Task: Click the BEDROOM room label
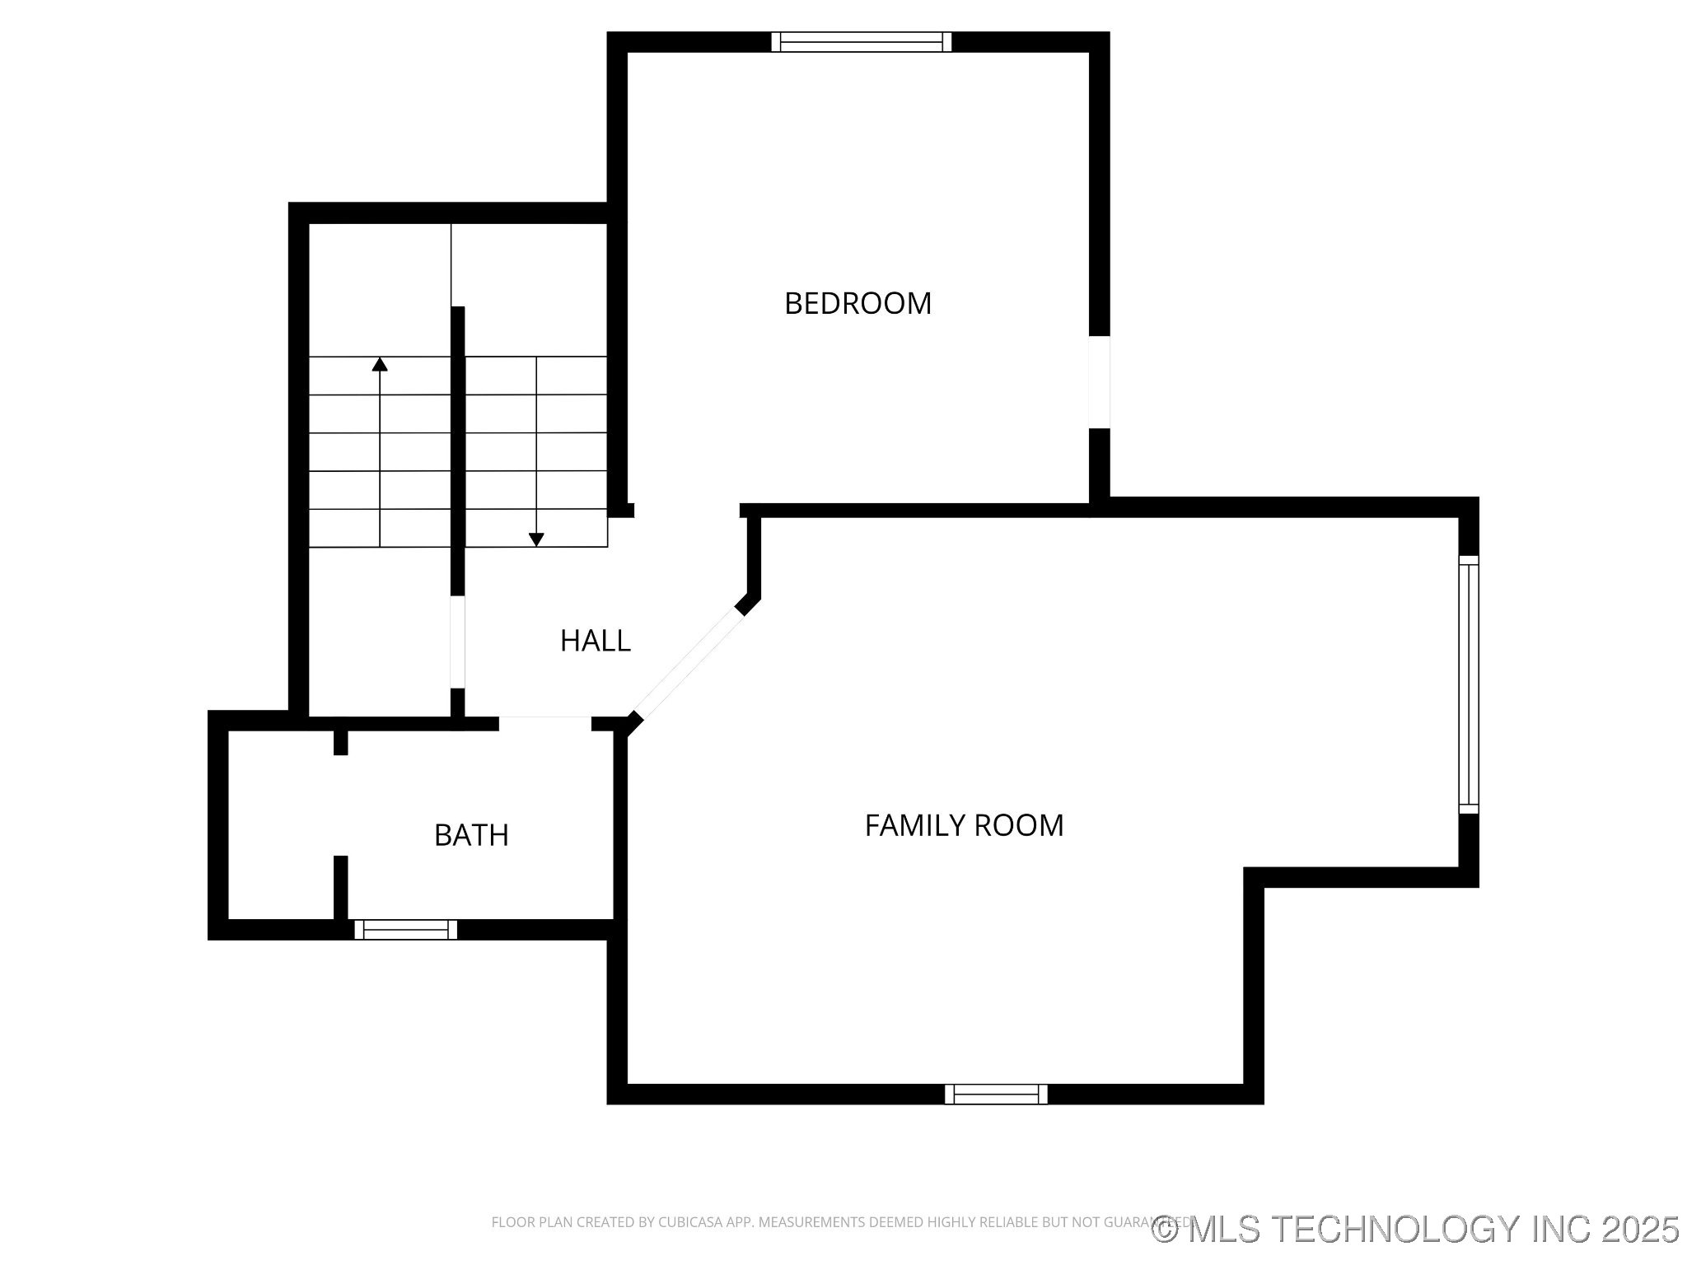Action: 858,304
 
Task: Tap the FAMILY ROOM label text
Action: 964,825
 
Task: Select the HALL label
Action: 595,641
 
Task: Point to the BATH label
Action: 471,835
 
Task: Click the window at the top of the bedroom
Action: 861,42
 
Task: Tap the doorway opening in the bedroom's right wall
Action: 1099,382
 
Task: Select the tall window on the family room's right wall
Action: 1468,684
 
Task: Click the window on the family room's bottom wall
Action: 996,1094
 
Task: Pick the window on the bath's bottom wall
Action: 405,930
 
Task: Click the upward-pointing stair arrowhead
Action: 380,364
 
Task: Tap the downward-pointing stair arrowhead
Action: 536,539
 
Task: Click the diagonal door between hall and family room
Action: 689,663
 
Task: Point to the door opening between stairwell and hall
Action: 457,642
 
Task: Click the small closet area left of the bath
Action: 280,824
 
